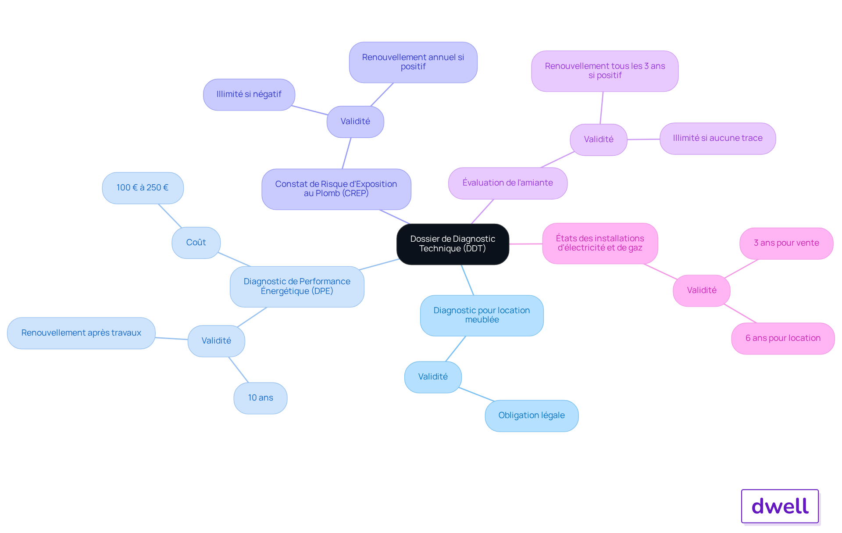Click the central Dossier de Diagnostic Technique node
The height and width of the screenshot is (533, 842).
point(453,244)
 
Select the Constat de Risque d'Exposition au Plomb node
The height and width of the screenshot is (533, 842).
point(336,189)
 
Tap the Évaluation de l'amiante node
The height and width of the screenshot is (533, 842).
point(508,183)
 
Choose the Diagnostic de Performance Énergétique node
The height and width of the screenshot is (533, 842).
point(297,286)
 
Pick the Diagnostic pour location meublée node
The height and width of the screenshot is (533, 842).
point(482,315)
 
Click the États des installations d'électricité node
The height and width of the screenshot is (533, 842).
point(600,243)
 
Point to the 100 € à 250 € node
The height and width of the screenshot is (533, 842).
point(143,188)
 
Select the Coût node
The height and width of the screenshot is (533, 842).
point(196,243)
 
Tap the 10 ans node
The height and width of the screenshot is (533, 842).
point(260,398)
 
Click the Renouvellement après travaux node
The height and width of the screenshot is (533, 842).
point(81,333)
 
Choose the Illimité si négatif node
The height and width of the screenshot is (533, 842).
point(249,94)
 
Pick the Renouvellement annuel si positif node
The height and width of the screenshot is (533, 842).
point(413,62)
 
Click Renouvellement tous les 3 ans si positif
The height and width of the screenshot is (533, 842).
point(605,71)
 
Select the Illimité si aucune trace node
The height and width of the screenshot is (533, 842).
point(717,138)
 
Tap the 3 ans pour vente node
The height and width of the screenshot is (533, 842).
point(786,243)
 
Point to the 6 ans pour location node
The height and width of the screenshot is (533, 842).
point(783,338)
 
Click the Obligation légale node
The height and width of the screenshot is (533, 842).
point(532,415)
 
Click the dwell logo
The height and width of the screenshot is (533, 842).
point(780,506)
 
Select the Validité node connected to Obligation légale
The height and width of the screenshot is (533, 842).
point(433,377)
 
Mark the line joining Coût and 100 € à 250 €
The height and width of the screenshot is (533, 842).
point(170,216)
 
